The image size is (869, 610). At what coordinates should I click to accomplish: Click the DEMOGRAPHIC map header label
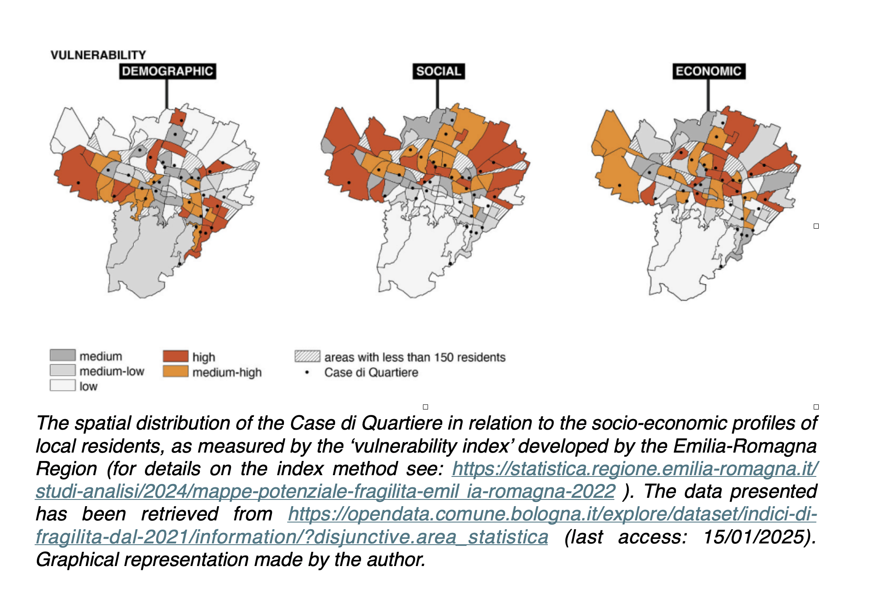(x=168, y=71)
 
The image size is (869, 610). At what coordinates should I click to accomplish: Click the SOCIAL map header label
(x=438, y=71)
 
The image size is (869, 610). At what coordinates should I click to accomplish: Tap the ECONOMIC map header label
(x=709, y=71)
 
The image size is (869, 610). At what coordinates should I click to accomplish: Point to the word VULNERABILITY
(x=98, y=55)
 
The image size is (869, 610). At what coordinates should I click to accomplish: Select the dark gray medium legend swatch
(x=62, y=355)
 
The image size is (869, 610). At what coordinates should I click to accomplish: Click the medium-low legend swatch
(x=62, y=370)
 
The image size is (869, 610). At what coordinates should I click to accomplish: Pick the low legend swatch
(x=62, y=385)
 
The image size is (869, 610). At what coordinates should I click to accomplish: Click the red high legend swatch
(x=175, y=356)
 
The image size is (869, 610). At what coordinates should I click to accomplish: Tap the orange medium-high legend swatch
(x=175, y=371)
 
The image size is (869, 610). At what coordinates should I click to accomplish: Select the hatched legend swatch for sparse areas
(x=307, y=356)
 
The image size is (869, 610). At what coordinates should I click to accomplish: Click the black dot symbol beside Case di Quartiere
(x=307, y=372)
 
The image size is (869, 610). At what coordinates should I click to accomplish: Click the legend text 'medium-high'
(x=227, y=372)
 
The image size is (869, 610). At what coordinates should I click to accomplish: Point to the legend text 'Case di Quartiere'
(x=371, y=372)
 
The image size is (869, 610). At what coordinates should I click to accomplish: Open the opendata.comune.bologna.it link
(x=552, y=514)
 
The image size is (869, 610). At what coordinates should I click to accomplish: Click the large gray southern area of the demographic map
(x=142, y=255)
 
